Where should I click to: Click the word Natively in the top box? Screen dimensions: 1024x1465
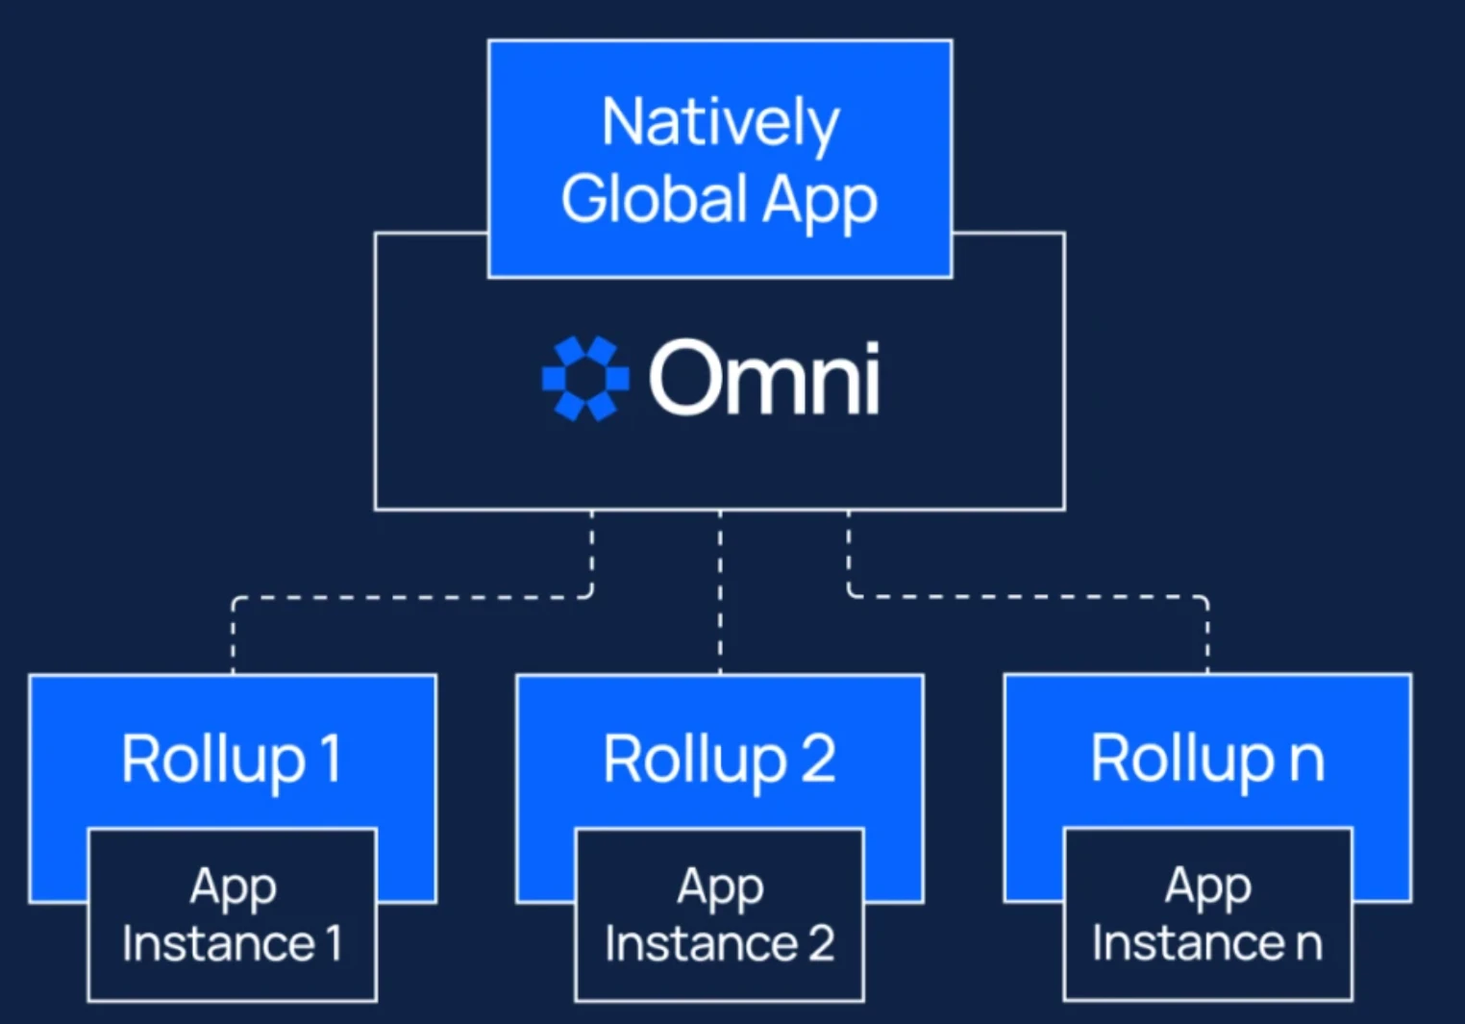pyautogui.click(x=720, y=123)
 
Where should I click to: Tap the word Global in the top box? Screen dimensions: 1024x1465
pyautogui.click(x=654, y=199)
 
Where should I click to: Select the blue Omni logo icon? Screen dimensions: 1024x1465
pyautogui.click(x=585, y=378)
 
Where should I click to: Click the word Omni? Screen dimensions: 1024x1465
pyautogui.click(x=764, y=378)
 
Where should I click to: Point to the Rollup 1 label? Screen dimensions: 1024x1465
pyautogui.click(x=231, y=759)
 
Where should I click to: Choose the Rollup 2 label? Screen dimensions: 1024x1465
pyautogui.click(x=719, y=759)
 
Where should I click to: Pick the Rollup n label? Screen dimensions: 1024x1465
pyautogui.click(x=1207, y=759)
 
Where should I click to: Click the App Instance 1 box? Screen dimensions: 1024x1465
pyautogui.click(x=232, y=914)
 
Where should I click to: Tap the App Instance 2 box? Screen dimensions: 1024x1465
pyautogui.click(x=719, y=914)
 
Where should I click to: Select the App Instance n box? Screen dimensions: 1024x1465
pyautogui.click(x=1207, y=914)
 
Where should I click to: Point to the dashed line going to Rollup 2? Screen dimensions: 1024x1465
pyautogui.click(x=720, y=591)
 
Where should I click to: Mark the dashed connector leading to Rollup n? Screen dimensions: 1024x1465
pyautogui.click(x=1029, y=597)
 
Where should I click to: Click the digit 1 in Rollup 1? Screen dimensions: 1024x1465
pyautogui.click(x=331, y=759)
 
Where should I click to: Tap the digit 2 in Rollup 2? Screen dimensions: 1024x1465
pyautogui.click(x=818, y=759)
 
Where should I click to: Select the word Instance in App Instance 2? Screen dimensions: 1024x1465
pyautogui.click(x=701, y=943)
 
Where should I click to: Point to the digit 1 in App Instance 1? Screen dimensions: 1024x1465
pyautogui.click(x=334, y=943)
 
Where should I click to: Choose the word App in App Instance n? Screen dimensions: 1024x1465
pyautogui.click(x=1207, y=887)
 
